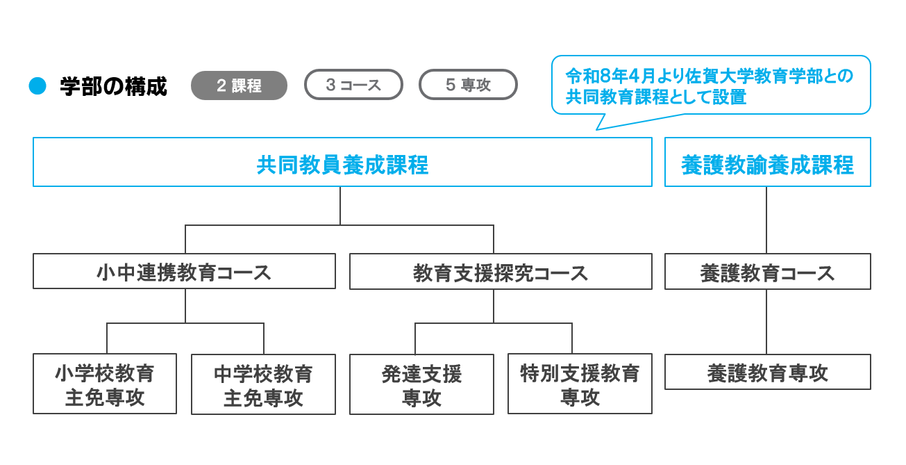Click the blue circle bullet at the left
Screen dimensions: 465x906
pyautogui.click(x=37, y=85)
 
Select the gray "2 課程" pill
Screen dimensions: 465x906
pyautogui.click(x=239, y=85)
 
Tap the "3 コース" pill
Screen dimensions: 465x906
pyautogui.click(x=353, y=85)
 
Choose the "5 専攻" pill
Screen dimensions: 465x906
pyautogui.click(x=468, y=85)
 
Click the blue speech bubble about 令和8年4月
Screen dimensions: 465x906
pyautogui.click(x=710, y=85)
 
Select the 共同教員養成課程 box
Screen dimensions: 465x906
pyautogui.click(x=342, y=162)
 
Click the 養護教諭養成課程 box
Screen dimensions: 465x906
pyautogui.click(x=767, y=162)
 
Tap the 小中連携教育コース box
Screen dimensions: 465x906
pyautogui.click(x=184, y=271)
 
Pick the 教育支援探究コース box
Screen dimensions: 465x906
pyautogui.click(x=501, y=271)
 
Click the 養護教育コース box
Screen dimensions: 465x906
pyautogui.click(x=767, y=271)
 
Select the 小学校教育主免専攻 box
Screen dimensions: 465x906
pyautogui.click(x=105, y=384)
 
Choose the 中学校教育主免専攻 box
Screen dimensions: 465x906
pyautogui.click(x=263, y=384)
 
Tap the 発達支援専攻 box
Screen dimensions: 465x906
pyautogui.click(x=421, y=384)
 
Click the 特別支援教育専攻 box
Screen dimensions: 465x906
pyautogui.click(x=580, y=384)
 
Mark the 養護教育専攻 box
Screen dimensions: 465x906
pyautogui.click(x=767, y=372)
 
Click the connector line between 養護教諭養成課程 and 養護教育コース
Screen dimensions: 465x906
pyautogui.click(x=766, y=220)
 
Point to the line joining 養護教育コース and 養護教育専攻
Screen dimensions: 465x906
pyautogui.click(x=766, y=321)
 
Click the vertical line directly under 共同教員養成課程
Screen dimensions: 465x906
pyautogui.click(x=340, y=205)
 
